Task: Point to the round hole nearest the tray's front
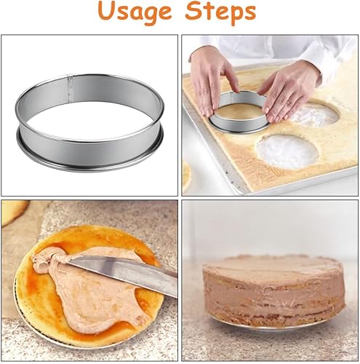(x=287, y=151)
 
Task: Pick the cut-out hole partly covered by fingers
(x=315, y=115)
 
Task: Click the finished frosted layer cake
(x=274, y=291)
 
